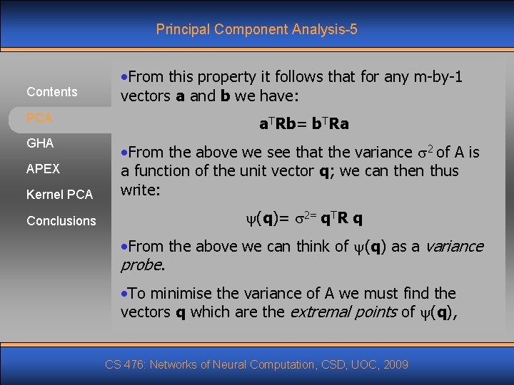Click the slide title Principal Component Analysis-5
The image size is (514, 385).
(x=256, y=29)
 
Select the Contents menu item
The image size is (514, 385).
(x=51, y=92)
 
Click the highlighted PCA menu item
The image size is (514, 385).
(x=39, y=118)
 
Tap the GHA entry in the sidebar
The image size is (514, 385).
(x=40, y=143)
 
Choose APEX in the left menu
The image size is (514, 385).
(x=43, y=169)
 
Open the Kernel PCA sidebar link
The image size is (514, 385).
(x=59, y=195)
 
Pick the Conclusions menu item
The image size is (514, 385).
(x=61, y=221)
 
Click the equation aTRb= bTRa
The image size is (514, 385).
(x=303, y=124)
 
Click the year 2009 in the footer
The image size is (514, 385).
(x=395, y=365)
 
